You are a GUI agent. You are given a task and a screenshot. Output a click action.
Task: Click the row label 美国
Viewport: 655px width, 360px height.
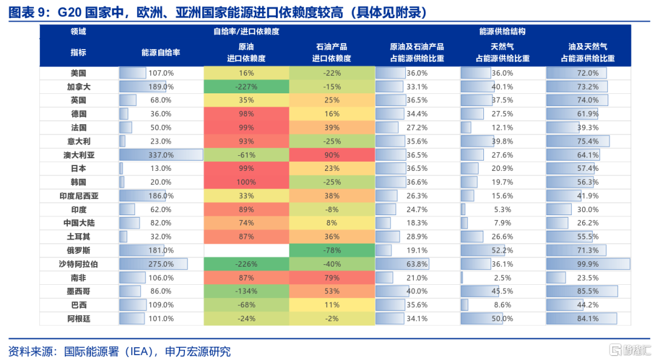coord(78,73)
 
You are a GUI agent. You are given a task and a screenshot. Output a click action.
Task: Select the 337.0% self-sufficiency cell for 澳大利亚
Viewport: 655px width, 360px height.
coord(161,155)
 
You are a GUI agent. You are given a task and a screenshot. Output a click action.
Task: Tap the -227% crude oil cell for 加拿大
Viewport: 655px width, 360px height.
coord(246,87)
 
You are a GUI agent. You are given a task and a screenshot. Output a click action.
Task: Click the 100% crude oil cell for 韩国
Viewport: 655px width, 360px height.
coord(246,182)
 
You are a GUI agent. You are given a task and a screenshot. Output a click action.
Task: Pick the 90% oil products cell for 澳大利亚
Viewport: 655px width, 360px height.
coord(332,155)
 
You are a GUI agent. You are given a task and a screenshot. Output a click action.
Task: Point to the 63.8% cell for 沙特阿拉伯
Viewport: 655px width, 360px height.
coord(417,264)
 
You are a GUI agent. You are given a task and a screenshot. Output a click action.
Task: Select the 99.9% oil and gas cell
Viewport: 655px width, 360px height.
coord(588,264)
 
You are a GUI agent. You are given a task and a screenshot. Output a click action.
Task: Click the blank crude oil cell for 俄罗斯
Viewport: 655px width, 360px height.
coord(246,250)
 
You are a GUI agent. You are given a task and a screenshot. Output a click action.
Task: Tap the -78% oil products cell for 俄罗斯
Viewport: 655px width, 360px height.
coord(332,250)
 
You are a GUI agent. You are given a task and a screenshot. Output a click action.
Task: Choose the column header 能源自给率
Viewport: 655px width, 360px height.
coord(161,52)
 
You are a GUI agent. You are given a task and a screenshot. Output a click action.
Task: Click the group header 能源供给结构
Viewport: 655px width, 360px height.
coord(502,31)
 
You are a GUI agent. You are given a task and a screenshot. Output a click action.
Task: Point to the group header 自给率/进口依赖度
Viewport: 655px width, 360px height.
coord(246,31)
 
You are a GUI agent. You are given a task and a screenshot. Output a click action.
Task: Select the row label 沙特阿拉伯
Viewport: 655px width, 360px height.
coord(78,264)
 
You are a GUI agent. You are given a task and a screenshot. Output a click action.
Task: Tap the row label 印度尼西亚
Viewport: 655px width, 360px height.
coord(78,196)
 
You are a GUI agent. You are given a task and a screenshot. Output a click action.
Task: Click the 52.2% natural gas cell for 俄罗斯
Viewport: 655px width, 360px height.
coord(502,250)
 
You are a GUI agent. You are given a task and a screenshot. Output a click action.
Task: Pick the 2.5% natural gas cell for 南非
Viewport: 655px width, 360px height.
coord(502,278)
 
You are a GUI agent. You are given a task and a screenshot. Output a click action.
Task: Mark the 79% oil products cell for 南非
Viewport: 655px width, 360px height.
coord(332,278)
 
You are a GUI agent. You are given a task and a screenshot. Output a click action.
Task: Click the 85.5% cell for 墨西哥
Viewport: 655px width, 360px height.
coord(588,291)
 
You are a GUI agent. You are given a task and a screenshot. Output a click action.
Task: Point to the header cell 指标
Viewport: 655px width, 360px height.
coord(78,52)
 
